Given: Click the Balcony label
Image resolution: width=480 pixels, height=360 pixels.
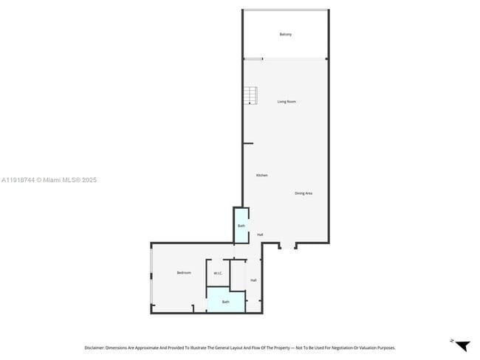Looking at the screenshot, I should click(285, 35).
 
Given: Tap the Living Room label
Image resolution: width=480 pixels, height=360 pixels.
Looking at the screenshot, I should click(287, 101).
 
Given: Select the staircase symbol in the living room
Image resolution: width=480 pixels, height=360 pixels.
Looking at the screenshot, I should click(252, 95).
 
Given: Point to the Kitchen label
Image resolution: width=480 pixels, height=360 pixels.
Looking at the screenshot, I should click(261, 175).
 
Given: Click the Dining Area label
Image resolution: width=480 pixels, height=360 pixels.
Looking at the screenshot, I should click(304, 193).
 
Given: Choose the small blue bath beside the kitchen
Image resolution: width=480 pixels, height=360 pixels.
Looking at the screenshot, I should click(241, 226).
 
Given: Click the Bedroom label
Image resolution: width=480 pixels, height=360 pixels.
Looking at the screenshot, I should click(184, 273).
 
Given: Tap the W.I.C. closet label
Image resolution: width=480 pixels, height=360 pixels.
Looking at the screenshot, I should click(218, 274).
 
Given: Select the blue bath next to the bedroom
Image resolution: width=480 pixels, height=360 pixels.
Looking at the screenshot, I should click(225, 301).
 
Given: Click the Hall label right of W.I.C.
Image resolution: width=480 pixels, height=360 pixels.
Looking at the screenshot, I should click(253, 280).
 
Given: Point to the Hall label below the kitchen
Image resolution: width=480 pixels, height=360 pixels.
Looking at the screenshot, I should click(260, 235).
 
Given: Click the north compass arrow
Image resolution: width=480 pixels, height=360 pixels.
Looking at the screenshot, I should click(462, 345).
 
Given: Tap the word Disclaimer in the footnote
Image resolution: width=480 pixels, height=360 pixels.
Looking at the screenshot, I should click(95, 347).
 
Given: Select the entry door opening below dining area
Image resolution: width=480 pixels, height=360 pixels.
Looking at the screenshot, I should click(288, 245).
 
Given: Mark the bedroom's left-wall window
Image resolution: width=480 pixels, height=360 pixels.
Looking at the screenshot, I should click(151, 277).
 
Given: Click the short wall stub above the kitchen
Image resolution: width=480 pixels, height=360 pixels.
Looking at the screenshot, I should click(248, 143).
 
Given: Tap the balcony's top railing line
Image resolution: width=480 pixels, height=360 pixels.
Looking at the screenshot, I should click(285, 10).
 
